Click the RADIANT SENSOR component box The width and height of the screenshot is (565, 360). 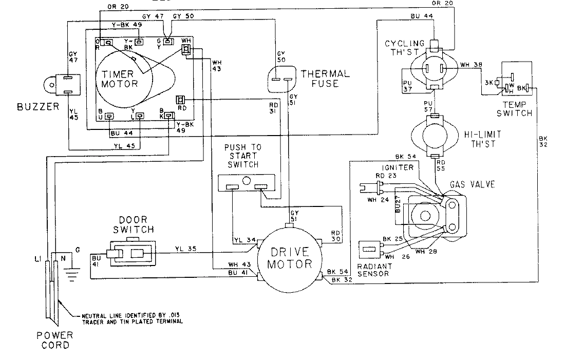click(370, 250)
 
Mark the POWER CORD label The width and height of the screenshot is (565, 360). click(54, 340)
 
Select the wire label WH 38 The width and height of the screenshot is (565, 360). click(472, 64)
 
